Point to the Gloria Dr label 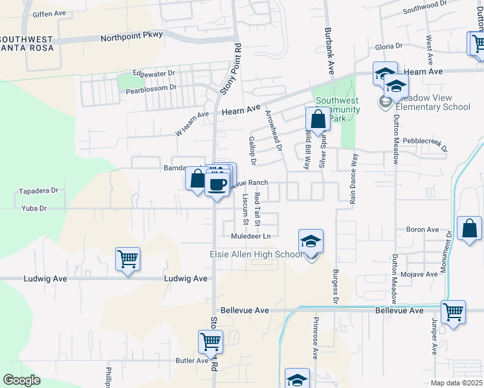coord(389,47)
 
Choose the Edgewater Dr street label coord(153,73)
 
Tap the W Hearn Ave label coord(193,124)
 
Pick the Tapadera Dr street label coord(39,191)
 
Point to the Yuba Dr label coord(34,208)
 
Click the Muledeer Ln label coord(253,237)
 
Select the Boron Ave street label coord(422,230)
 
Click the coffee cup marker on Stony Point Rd coord(216,184)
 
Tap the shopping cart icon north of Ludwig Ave coord(128,259)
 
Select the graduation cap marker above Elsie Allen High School coord(311,241)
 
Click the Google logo coord(22,380)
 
